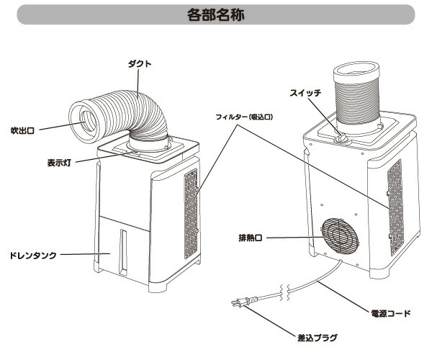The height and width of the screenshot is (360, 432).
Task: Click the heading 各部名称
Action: point(215,15)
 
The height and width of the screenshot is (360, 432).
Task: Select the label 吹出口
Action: point(22,130)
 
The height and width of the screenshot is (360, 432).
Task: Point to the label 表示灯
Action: point(58,162)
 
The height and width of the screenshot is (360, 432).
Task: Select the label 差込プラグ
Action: point(317,336)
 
